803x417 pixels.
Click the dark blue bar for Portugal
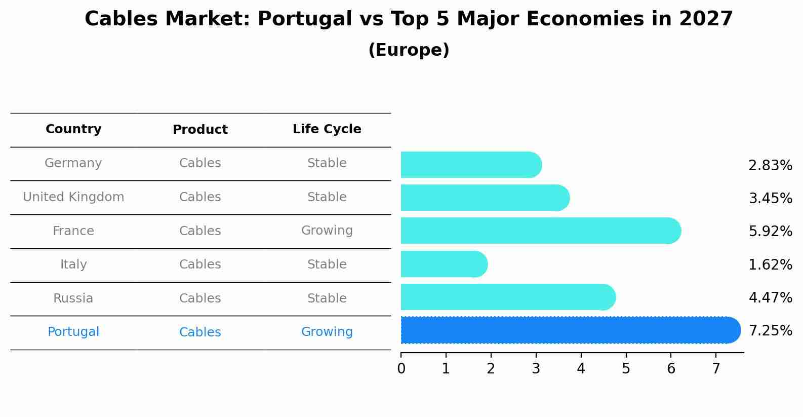coord(567,330)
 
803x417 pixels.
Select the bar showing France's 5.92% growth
coord(537,231)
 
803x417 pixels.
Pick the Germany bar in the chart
coord(468,165)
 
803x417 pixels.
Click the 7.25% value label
coord(770,331)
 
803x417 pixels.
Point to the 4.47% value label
coord(770,297)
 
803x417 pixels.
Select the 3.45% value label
coord(770,198)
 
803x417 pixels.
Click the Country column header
coord(73,129)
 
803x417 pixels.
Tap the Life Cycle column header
coord(327,129)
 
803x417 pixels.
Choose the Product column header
coord(200,130)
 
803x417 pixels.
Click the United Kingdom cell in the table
coord(73,197)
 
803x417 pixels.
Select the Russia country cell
coord(73,298)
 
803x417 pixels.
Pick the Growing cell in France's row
coord(327,231)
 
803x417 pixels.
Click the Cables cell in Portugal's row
coord(200,332)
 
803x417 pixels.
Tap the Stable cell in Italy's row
coord(327,264)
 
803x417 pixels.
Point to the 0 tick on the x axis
coord(401,368)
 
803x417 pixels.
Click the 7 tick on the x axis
coord(715,368)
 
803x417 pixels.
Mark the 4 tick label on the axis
coord(581,368)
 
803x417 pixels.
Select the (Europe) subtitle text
coord(409,50)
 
